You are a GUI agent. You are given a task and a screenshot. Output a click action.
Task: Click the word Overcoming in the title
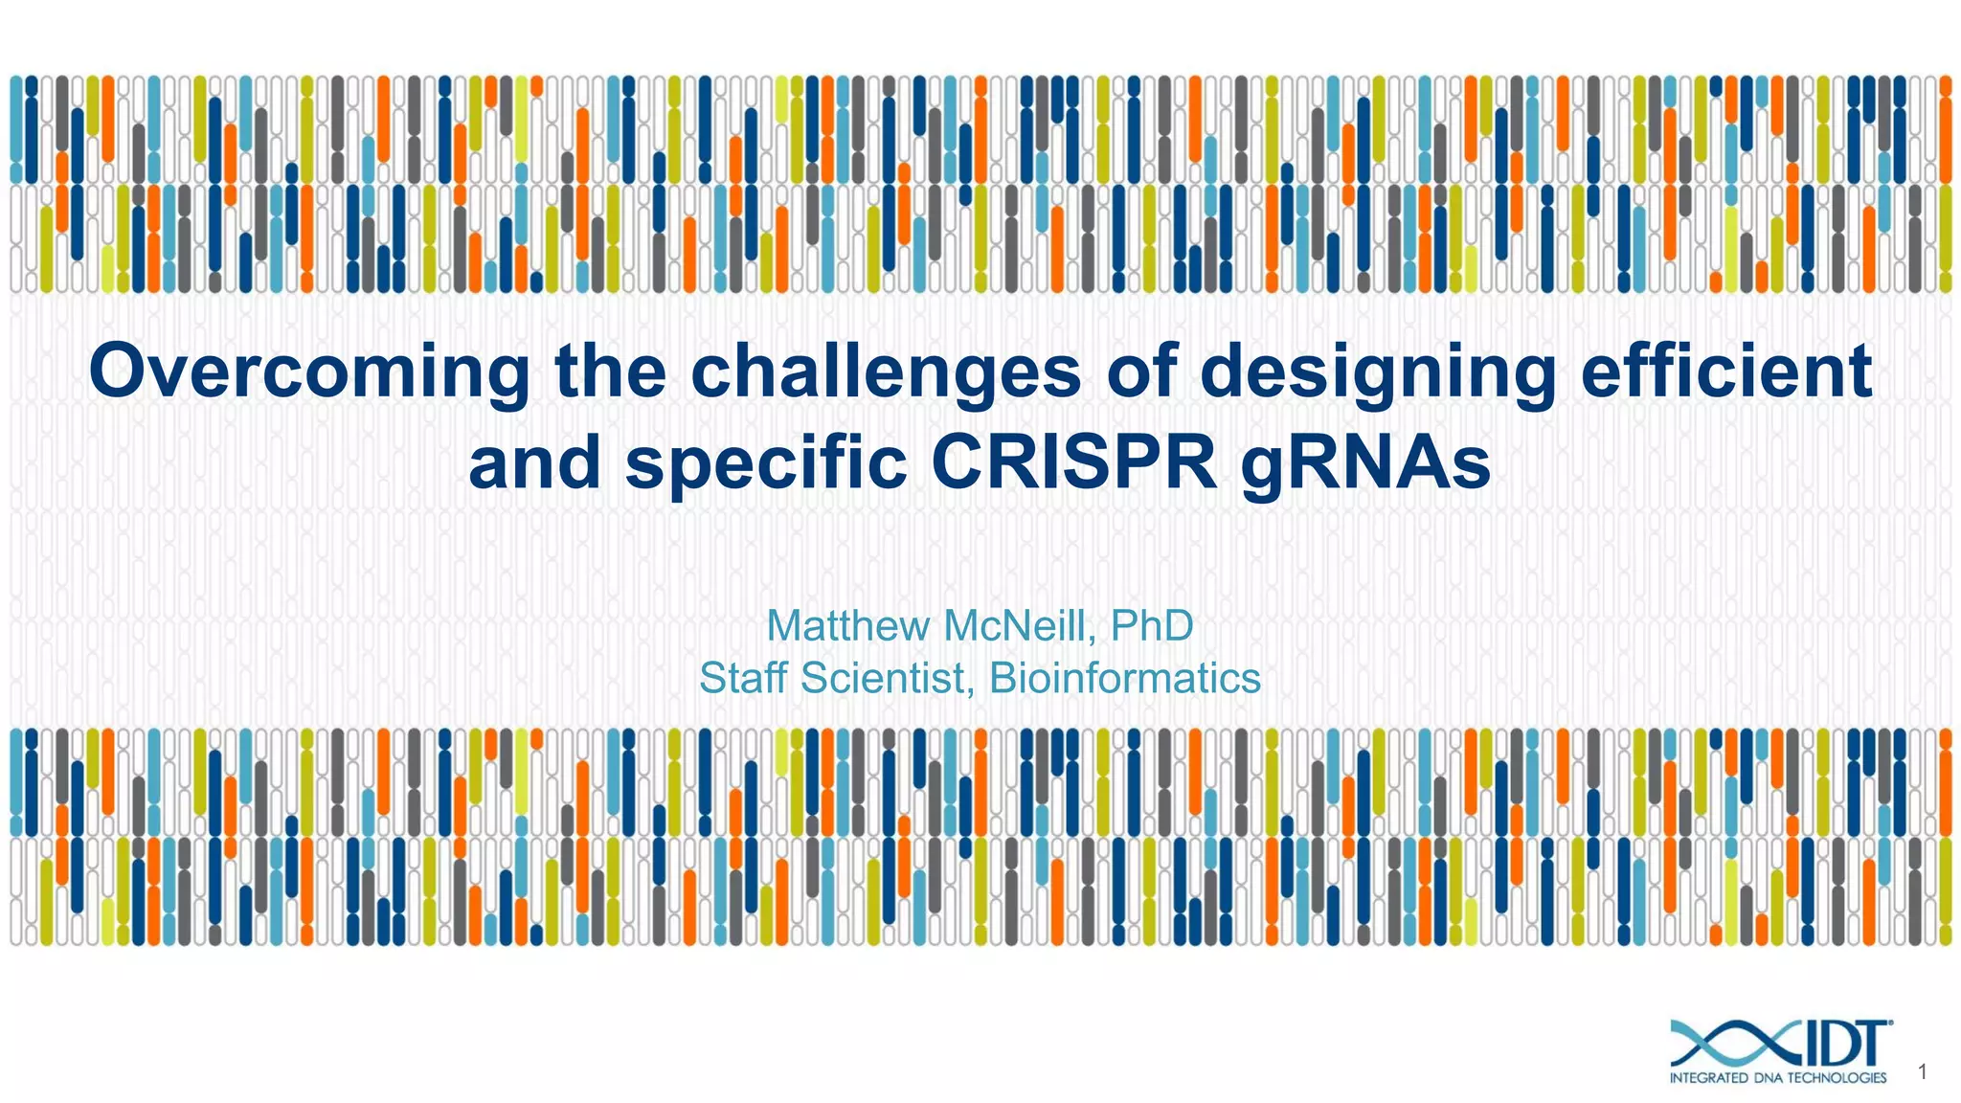(x=308, y=371)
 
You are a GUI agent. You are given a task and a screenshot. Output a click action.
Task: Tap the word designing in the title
(x=1378, y=371)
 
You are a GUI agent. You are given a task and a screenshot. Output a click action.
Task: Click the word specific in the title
(x=766, y=463)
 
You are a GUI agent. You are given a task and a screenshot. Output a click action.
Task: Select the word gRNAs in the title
(x=1366, y=463)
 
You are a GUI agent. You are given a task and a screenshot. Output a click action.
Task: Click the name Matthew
(x=848, y=626)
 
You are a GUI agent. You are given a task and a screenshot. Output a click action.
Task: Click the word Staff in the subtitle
(x=746, y=679)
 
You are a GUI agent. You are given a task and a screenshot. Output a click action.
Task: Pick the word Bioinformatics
(x=1124, y=679)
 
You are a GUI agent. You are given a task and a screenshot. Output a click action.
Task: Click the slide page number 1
(x=1922, y=1072)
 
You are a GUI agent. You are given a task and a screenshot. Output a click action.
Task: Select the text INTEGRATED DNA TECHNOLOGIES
(x=1777, y=1078)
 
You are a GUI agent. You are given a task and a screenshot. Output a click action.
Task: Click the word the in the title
(x=610, y=371)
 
